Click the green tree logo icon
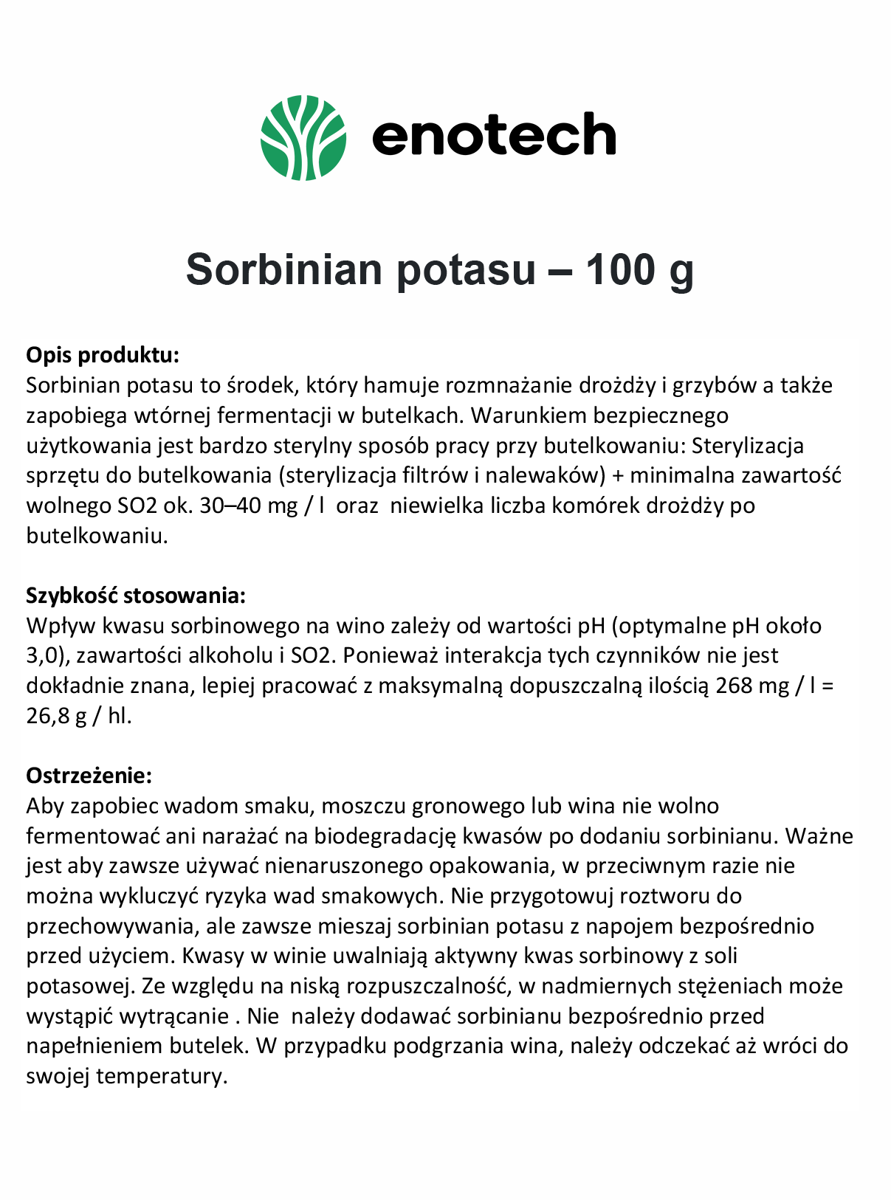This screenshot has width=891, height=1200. (303, 137)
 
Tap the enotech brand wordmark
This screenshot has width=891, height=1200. (493, 135)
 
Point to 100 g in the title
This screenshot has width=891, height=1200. (639, 269)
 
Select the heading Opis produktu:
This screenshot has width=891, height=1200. (103, 355)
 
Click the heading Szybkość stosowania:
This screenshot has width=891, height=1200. (136, 596)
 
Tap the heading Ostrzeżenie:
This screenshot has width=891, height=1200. (89, 776)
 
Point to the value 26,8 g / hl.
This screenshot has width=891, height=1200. (78, 716)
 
